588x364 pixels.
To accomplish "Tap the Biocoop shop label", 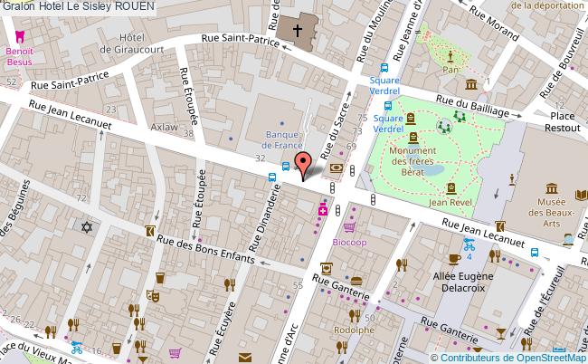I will [x=350, y=244].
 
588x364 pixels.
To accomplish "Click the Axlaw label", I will [x=165, y=128].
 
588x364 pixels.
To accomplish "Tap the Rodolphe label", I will [x=355, y=330].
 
